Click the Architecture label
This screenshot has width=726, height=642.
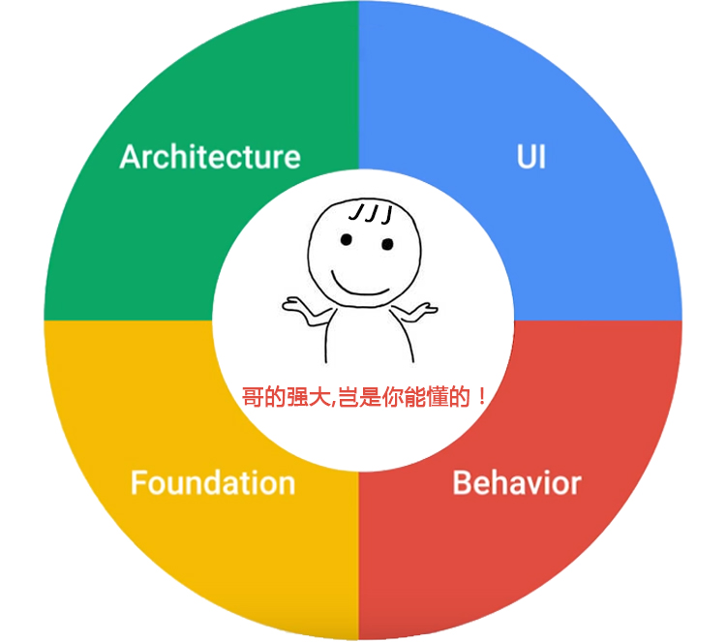[210, 157]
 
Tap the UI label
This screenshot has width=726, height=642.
[530, 157]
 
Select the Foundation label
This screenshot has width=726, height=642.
[213, 482]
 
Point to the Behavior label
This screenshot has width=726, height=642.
[517, 482]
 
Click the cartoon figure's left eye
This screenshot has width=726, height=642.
[344, 238]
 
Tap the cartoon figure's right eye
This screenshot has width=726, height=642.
[387, 245]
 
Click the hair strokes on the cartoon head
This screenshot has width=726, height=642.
[370, 213]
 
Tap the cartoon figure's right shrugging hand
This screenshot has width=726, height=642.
[422, 310]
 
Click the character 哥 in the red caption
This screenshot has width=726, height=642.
[251, 397]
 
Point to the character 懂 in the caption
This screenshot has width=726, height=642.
[438, 397]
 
